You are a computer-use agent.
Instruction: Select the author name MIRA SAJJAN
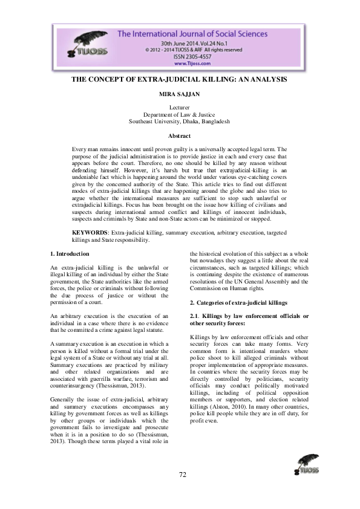click(179, 94)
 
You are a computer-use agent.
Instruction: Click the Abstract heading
click(179, 136)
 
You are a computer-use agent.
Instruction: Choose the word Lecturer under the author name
click(179, 107)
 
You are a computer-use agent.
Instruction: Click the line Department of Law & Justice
click(179, 114)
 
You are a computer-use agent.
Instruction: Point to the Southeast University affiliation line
click(179, 122)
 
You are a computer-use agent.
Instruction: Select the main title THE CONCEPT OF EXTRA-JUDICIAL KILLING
click(179, 79)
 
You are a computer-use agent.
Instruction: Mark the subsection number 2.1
click(195, 317)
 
